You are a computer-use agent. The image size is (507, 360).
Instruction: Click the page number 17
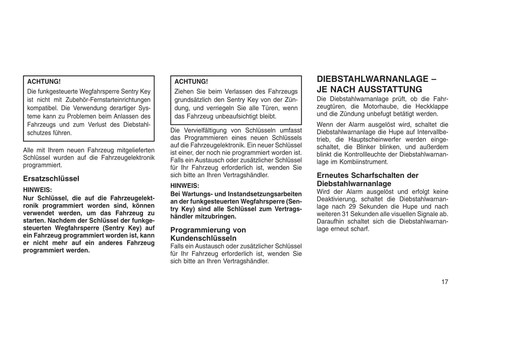tap(445, 282)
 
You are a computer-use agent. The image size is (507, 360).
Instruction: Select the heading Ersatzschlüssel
tap(51, 179)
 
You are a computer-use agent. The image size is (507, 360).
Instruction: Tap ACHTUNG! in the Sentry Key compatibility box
tap(44, 81)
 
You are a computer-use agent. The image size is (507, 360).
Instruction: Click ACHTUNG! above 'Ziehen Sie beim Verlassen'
tap(191, 81)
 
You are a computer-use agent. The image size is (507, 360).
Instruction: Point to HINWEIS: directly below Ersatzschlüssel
tap(38, 190)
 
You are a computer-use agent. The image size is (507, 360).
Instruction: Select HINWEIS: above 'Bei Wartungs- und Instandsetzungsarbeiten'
tap(185, 186)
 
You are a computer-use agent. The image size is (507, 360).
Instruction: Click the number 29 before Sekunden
tap(353, 207)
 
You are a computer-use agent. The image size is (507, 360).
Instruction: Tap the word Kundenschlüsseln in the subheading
tap(204, 238)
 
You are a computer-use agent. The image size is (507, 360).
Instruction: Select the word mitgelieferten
tap(135, 150)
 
